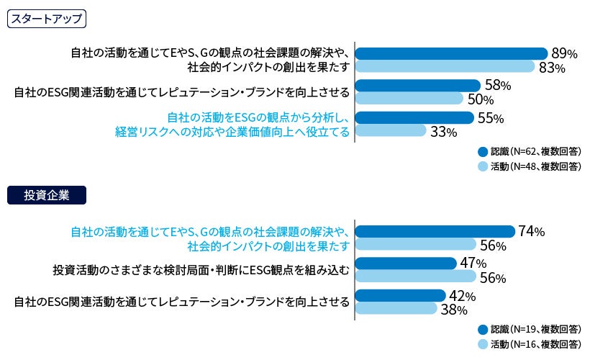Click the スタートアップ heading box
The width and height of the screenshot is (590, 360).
(46, 19)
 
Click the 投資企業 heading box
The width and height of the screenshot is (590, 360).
(46, 194)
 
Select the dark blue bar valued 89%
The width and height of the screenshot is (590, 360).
(451, 53)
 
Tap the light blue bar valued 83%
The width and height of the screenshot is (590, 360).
(445, 66)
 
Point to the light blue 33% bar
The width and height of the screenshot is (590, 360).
(391, 130)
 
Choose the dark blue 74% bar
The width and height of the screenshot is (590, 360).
(435, 231)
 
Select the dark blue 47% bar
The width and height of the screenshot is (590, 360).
(406, 264)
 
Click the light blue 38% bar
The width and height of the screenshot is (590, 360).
(396, 309)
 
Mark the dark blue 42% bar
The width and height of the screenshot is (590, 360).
(400, 295)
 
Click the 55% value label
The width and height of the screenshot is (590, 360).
(491, 118)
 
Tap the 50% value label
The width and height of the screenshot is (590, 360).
(481, 99)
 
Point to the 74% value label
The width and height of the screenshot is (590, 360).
(532, 231)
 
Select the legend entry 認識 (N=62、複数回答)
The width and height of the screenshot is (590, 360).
(530, 151)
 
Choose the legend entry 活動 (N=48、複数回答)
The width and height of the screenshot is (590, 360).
(530, 166)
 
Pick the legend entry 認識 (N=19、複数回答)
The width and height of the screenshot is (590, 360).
(530, 328)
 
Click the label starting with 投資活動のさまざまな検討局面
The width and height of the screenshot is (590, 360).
(201, 271)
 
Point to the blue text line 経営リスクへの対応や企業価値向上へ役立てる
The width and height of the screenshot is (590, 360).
(232, 132)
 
